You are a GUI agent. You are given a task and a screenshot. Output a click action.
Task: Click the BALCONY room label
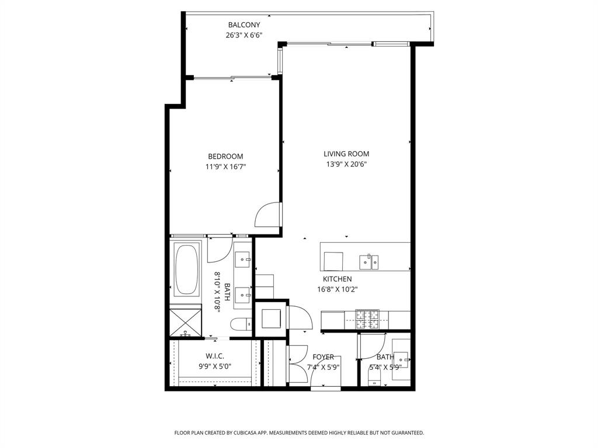coord(244,25)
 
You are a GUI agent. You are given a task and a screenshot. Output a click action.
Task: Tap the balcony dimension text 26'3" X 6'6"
coord(244,35)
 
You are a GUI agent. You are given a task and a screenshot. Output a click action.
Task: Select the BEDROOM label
coord(225,156)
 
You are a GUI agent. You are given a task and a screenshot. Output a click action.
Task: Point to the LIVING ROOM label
coord(346,154)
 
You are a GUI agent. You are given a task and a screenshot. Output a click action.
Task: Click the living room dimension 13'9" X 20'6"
coord(346,164)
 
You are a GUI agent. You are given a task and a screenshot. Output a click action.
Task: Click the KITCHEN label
coord(337,279)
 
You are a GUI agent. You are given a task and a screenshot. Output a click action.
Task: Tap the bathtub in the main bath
coord(186,269)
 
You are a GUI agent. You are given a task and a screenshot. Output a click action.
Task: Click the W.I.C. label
coord(214,356)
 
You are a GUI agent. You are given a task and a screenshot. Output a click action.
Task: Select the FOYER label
coord(323,357)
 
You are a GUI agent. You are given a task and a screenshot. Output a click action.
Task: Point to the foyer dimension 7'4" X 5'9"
coord(323,367)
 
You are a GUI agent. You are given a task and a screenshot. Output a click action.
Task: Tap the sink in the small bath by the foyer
coord(400,360)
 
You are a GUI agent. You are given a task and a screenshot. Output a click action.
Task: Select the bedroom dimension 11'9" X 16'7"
coord(225,166)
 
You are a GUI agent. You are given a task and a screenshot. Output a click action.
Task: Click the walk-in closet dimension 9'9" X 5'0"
coord(214,367)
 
